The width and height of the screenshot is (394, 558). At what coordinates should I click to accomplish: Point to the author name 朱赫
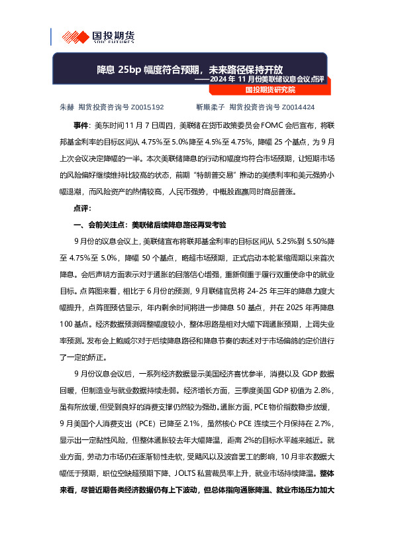[66, 106]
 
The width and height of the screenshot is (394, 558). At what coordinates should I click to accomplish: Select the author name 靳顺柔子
[209, 106]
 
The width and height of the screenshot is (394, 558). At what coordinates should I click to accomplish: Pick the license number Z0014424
[298, 106]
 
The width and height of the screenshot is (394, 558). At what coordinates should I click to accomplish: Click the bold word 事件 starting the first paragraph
[80, 125]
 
